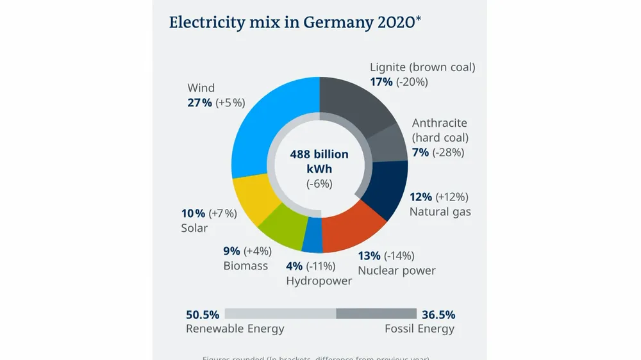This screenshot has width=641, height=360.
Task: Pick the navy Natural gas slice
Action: pyautogui.click(x=388, y=189)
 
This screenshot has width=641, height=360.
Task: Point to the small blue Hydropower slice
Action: pyautogui.click(x=312, y=236)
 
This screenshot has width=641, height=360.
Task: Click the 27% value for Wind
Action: pyautogui.click(x=199, y=103)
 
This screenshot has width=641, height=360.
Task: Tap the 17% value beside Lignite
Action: pyautogui.click(x=381, y=82)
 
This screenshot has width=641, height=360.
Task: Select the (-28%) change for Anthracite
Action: pyautogui.click(x=448, y=152)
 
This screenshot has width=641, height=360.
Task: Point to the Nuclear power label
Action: pyautogui.click(x=396, y=270)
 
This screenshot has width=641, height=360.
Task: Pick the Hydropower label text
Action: pyautogui.click(x=319, y=281)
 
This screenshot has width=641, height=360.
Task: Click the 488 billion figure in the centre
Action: pyautogui.click(x=319, y=154)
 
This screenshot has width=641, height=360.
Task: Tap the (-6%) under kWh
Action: pyautogui.click(x=319, y=184)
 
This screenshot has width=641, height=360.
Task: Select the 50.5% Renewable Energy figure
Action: pyautogui.click(x=203, y=315)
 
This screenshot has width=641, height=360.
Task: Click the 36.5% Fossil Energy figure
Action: pyautogui.click(x=438, y=315)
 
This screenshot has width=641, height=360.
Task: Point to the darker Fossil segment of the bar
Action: pyautogui.click(x=376, y=314)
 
